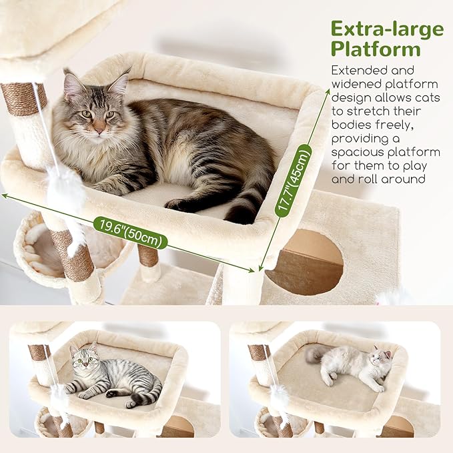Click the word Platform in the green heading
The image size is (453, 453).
tap(376, 49)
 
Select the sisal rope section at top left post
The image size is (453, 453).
tap(23, 99)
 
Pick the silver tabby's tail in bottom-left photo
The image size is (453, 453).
tap(148, 394)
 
